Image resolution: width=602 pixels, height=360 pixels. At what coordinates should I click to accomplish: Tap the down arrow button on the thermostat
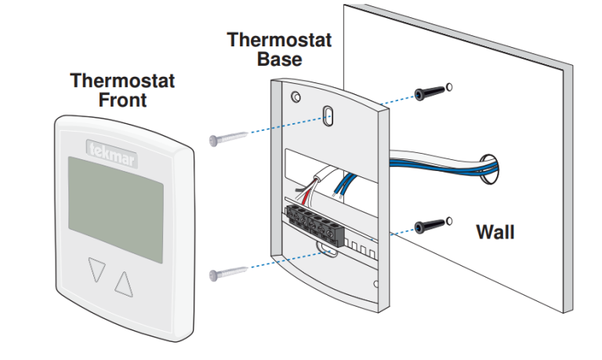coord(96,271)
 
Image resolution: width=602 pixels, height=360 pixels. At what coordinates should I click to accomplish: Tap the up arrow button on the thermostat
coord(125,282)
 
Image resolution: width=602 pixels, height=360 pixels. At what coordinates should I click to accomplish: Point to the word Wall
coord(495,232)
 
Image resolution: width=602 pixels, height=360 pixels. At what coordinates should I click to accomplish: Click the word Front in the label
coord(122,100)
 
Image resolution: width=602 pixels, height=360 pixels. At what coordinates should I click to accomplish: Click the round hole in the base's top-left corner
coord(294,96)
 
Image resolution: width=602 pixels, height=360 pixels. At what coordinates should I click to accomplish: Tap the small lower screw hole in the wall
coord(448,219)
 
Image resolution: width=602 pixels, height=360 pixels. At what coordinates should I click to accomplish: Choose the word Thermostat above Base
coord(279,40)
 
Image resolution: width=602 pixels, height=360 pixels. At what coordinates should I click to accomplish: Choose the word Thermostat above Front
coord(122,81)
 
